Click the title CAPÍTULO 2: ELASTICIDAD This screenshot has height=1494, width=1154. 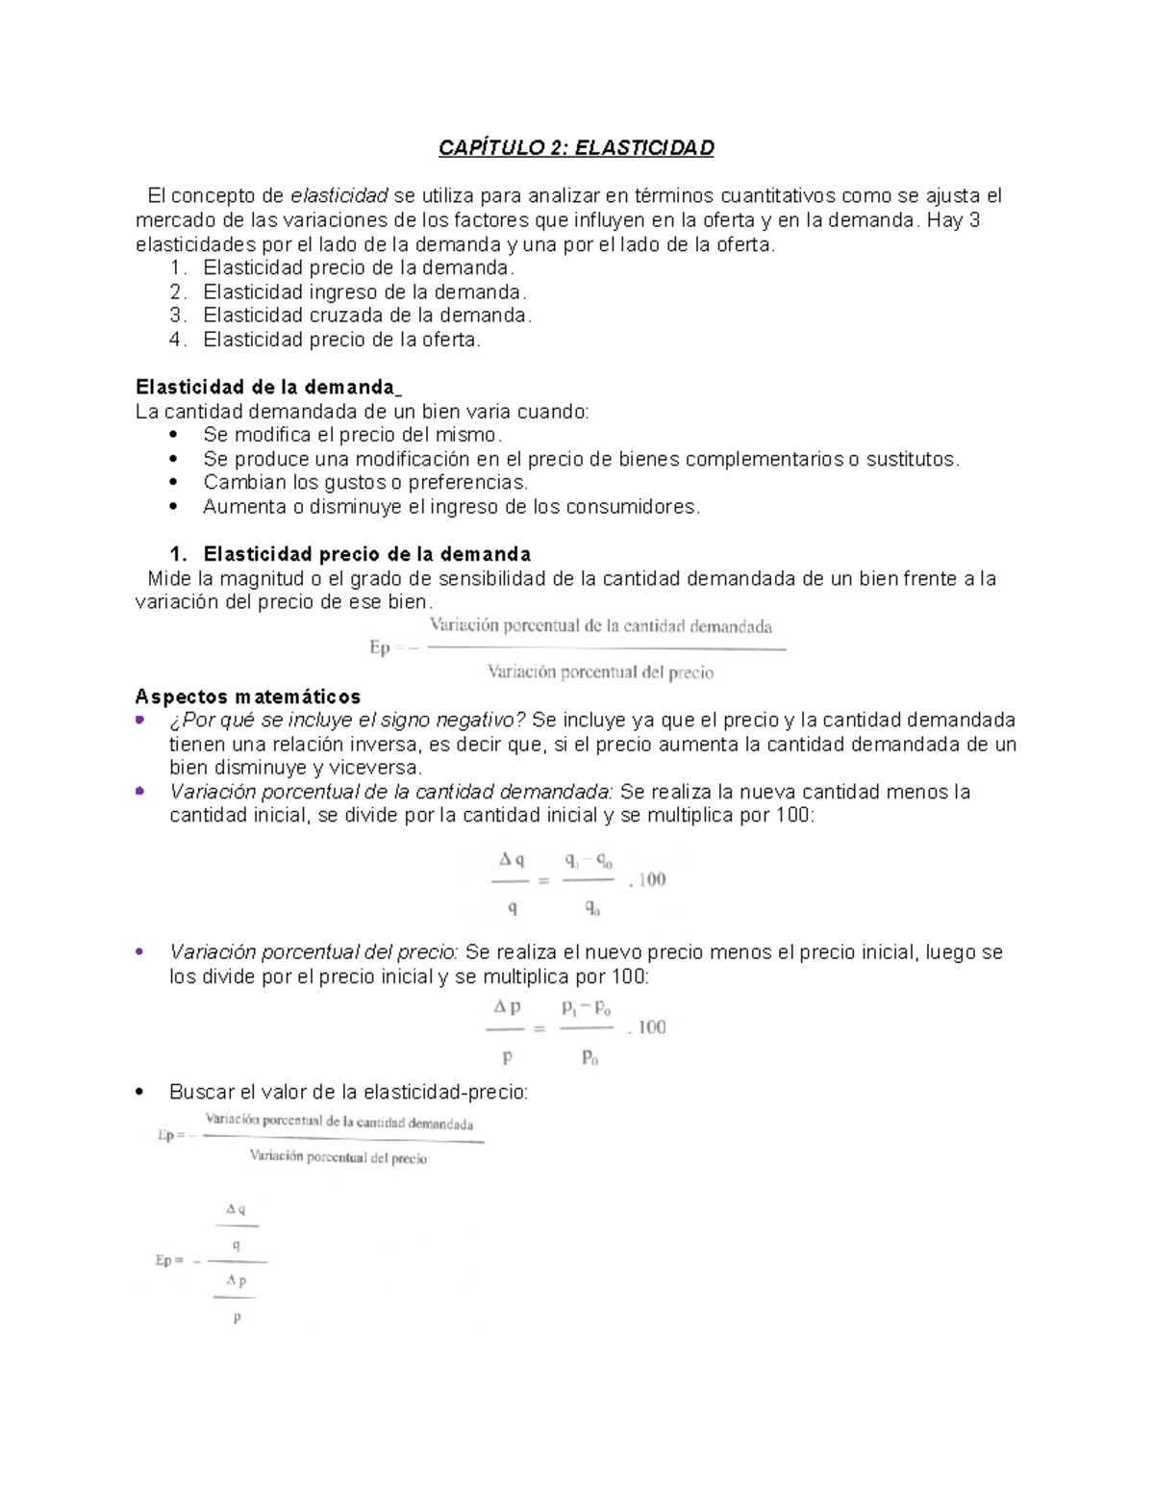click(576, 148)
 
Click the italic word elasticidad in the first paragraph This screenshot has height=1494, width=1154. click(339, 196)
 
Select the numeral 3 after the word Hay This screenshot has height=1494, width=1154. click(974, 220)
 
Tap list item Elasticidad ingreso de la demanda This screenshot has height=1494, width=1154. click(364, 291)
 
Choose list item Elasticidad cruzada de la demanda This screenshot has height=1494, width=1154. click(366, 316)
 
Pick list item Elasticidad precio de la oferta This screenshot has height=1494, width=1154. click(341, 340)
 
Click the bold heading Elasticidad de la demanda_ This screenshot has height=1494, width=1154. click(268, 387)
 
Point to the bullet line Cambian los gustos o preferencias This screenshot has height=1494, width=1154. click(365, 482)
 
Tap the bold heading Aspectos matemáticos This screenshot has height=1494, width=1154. click(248, 696)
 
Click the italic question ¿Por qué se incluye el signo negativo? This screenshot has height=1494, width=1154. click(347, 721)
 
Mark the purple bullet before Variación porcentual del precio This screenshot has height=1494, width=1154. click(140, 951)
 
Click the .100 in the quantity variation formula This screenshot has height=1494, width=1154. click(647, 879)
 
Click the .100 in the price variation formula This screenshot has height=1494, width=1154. click(647, 1027)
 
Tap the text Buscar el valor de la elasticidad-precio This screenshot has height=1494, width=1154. click(348, 1092)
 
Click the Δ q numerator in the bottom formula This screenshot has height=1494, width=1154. click(236, 1209)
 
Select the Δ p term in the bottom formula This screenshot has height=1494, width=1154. click(236, 1280)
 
